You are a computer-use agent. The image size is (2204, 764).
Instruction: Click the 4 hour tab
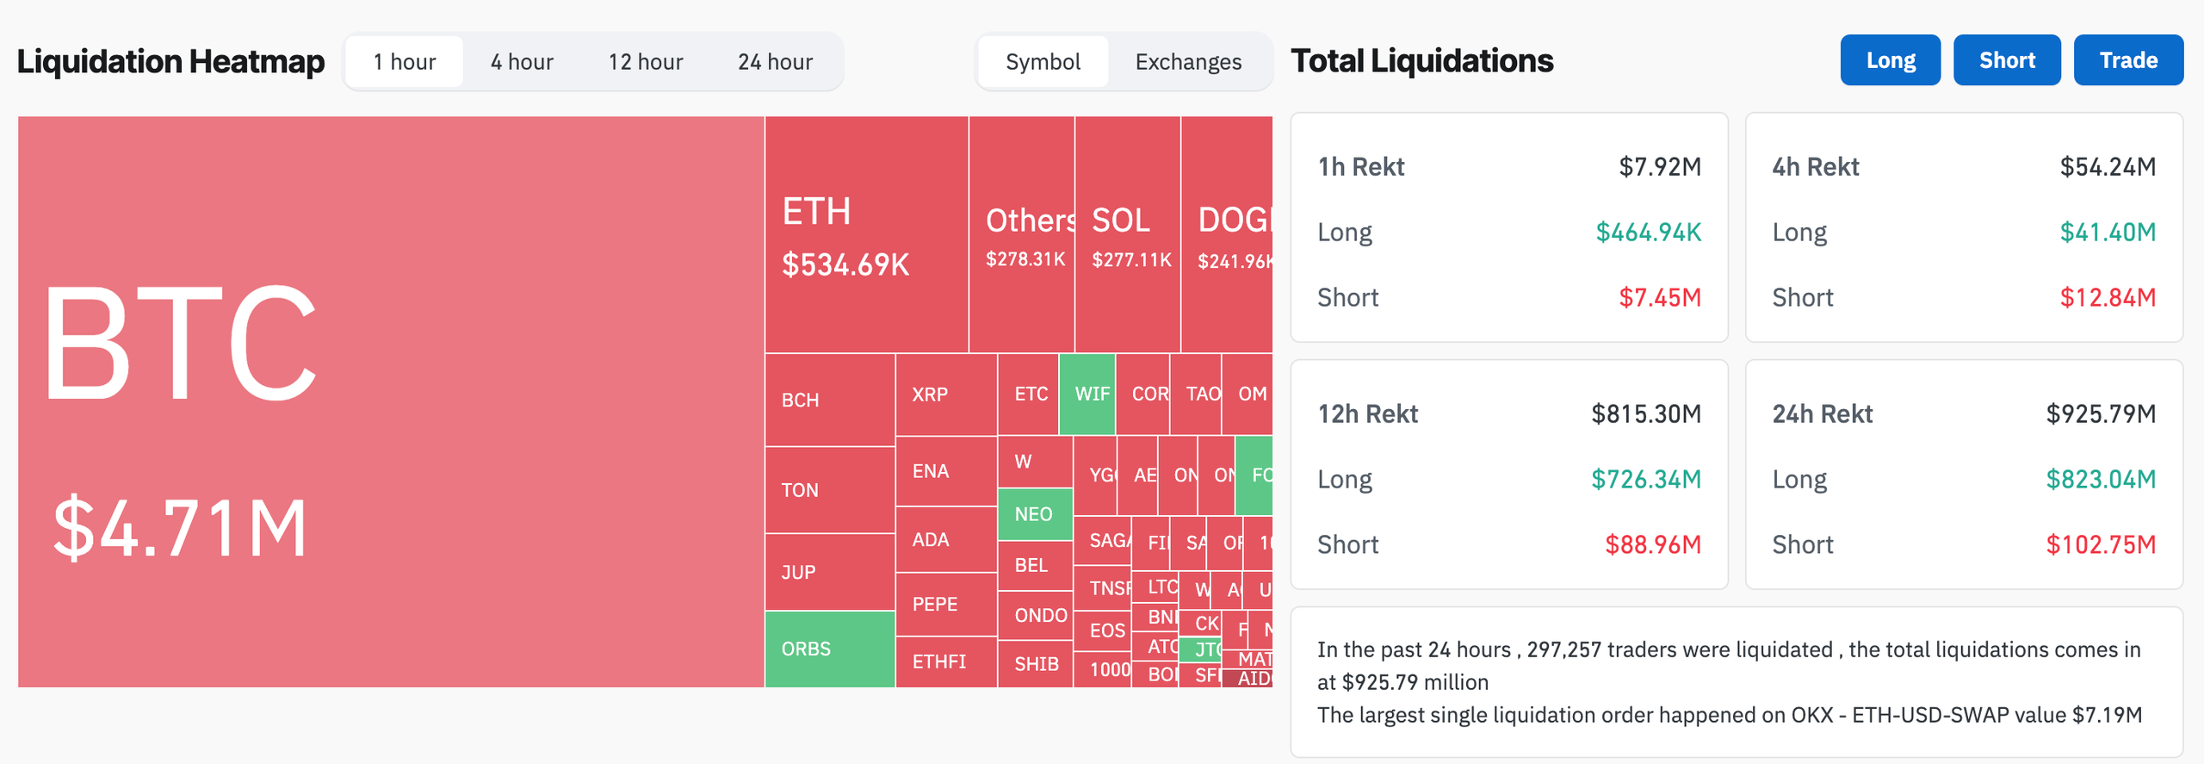click(x=522, y=62)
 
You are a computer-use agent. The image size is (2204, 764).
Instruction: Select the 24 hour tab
click(x=775, y=62)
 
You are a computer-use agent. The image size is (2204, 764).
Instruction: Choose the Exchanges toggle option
click(x=1188, y=62)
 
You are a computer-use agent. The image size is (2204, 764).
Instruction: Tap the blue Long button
click(x=1891, y=60)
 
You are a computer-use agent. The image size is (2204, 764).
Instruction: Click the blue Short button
click(x=2007, y=60)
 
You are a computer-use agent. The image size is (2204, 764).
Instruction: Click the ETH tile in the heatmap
click(x=866, y=234)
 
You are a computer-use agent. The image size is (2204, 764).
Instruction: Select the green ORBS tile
click(x=829, y=649)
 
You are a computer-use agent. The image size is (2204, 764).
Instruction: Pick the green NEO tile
click(x=1035, y=514)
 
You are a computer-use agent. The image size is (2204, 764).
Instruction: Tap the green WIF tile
click(x=1087, y=394)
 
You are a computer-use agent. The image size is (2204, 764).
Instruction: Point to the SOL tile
click(x=1127, y=234)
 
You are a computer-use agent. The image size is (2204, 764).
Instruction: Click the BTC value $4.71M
click(x=180, y=528)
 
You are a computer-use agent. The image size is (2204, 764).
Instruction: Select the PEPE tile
click(x=945, y=604)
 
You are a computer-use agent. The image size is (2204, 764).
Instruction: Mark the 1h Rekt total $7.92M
click(x=1659, y=166)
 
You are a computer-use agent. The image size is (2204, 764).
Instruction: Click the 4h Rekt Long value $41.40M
click(x=2107, y=232)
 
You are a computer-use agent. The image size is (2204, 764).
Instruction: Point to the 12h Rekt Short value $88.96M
click(x=1652, y=544)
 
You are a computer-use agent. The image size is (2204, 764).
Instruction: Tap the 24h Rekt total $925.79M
click(x=2100, y=413)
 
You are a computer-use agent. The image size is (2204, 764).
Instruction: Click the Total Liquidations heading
click(x=1421, y=60)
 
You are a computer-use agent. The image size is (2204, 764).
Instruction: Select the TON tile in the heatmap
click(x=829, y=490)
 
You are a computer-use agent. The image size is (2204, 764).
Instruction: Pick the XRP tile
click(x=945, y=394)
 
